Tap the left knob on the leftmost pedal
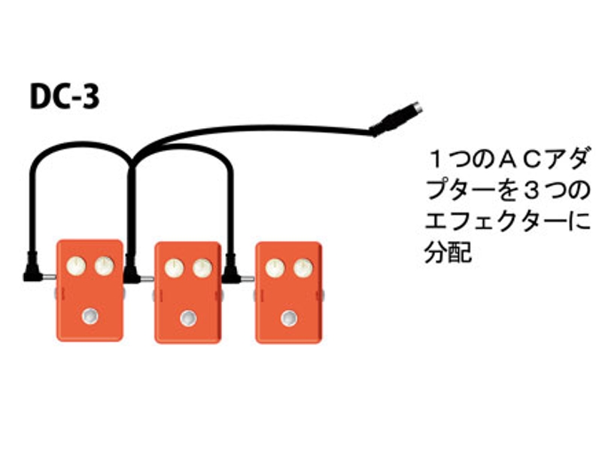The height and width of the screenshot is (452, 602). point(76,265)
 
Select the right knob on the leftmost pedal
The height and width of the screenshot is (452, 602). point(104,265)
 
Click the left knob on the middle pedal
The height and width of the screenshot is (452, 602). point(174,268)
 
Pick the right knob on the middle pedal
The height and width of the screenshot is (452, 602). point(202,268)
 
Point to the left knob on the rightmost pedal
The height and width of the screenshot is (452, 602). point(275,267)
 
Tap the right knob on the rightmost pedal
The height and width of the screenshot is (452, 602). point(302,267)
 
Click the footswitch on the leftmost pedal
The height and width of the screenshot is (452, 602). point(90,316)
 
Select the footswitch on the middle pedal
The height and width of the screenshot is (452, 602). point(187,318)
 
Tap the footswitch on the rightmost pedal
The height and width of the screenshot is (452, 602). point(288,318)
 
